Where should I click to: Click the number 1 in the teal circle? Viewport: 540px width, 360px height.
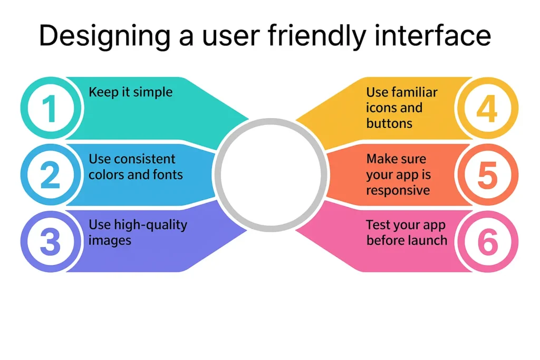[50, 109]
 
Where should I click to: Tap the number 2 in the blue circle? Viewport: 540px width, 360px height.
[50, 175]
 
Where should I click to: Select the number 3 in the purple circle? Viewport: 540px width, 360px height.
[50, 241]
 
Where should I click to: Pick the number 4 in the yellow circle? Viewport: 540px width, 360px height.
[487, 109]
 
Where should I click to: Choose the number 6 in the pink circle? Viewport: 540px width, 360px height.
[488, 241]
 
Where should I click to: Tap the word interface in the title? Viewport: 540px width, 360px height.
[432, 35]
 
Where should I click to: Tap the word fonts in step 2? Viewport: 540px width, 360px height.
[169, 174]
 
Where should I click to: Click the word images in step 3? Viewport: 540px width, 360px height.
[110, 241]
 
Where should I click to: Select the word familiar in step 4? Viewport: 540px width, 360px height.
[415, 92]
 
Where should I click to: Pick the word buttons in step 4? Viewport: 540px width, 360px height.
[389, 123]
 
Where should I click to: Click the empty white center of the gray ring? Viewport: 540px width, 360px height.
[271, 174]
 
